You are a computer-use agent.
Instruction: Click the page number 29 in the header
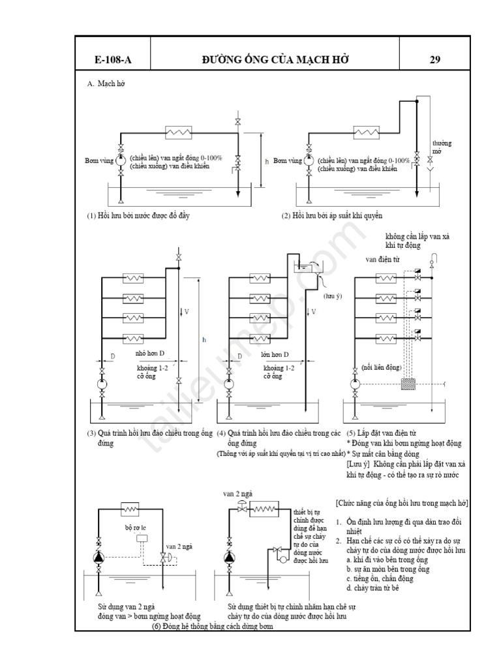(435, 60)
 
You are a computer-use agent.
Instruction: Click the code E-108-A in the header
(112, 60)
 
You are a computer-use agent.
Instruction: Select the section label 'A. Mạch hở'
(106, 84)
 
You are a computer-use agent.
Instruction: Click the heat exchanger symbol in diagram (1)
(177, 132)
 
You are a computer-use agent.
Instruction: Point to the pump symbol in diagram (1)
(121, 160)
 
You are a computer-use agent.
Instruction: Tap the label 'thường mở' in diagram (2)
(442, 147)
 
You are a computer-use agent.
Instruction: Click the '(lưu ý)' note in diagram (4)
(333, 296)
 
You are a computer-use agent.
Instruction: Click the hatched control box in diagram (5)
(410, 384)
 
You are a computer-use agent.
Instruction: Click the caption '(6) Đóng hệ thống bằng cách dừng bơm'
(212, 626)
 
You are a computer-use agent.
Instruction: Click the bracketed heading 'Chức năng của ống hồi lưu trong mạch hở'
(402, 504)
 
